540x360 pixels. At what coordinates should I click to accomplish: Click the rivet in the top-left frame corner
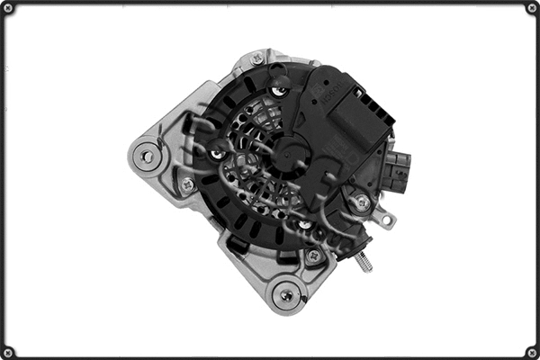coord(8,8)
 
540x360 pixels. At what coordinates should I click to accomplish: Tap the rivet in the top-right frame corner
coord(532,8)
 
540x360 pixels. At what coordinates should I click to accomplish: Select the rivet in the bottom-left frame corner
coord(8,352)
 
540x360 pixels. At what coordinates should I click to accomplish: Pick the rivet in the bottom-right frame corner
coord(532,352)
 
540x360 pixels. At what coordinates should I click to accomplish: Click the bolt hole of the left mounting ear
coord(146,155)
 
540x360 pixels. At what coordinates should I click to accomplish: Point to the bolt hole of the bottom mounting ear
coord(287,294)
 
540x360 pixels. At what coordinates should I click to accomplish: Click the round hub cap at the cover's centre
coord(290,152)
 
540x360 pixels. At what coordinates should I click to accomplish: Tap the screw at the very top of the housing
coord(257,58)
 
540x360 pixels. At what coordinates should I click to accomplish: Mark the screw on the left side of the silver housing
coord(187,184)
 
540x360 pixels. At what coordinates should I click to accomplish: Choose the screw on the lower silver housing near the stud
coord(312,256)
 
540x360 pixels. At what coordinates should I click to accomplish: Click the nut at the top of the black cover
coord(280,84)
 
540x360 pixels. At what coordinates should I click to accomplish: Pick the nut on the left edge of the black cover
coord(217,154)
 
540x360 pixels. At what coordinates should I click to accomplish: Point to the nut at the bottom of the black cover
coord(304,224)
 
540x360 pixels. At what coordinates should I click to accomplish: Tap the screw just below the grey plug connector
coord(362,203)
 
